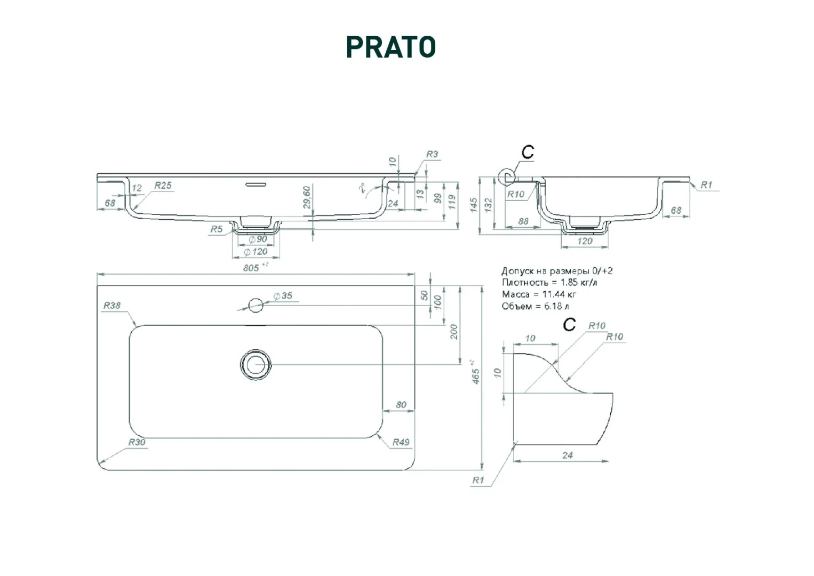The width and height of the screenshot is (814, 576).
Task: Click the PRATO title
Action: tap(391, 47)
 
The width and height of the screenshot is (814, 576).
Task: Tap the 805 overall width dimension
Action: tap(252, 267)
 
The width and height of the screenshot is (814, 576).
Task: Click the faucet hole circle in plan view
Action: tap(256, 306)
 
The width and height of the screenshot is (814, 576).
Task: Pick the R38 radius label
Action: tap(112, 306)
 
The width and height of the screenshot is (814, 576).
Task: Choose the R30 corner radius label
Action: tap(137, 442)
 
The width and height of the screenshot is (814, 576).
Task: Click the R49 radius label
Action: tap(401, 442)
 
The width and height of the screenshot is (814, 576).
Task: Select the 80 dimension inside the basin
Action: tap(401, 405)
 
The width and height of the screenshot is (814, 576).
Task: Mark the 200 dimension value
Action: tap(454, 332)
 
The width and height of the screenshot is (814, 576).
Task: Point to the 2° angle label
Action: tap(362, 189)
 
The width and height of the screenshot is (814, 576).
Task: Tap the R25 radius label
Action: tap(163, 186)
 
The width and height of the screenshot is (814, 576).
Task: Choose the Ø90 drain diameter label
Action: tap(258, 240)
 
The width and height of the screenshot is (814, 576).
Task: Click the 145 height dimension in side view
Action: tap(474, 205)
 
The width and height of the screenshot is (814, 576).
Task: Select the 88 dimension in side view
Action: tap(523, 221)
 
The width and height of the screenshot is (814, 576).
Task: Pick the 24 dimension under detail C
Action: tap(568, 455)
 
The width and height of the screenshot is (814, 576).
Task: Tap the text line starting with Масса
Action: tap(539, 294)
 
